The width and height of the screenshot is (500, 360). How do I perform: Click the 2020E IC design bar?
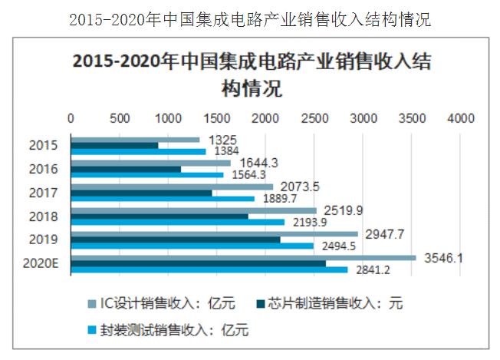(x=243, y=257)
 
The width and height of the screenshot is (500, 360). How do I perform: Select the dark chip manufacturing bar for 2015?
(x=114, y=145)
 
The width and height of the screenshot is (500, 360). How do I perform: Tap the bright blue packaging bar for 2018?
(x=177, y=223)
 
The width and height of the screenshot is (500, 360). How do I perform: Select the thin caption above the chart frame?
(x=250, y=19)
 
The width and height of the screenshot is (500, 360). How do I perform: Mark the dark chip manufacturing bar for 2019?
(x=176, y=239)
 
